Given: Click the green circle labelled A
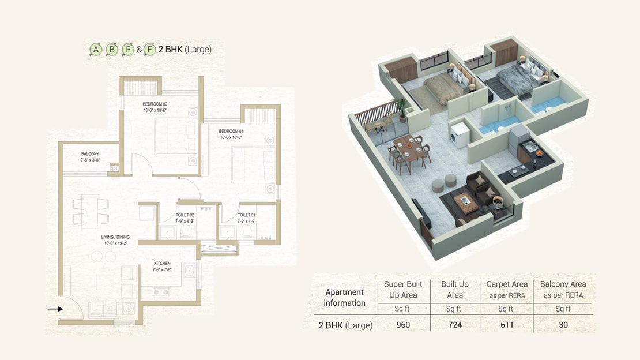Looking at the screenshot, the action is coord(96,50).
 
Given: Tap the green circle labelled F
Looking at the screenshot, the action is coord(150,50).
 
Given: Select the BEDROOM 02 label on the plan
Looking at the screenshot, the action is coord(155,104).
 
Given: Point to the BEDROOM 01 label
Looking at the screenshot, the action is coord(231,131).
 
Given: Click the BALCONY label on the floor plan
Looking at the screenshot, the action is coord(90,154).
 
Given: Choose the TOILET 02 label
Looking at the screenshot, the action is coord(185,215).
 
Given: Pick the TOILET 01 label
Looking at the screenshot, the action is coord(247,215).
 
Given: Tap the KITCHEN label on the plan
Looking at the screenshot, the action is coord(162,264).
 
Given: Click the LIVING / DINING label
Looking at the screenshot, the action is coord(115,237).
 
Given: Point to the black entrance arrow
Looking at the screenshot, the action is coord(55,309).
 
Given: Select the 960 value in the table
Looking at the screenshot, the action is coord(403,325).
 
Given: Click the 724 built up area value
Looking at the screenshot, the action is coord(455,325).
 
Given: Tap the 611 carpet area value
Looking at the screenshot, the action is coord(507,325).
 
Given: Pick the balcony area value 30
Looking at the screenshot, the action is coord(563,325).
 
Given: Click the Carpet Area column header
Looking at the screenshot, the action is coord(507,284).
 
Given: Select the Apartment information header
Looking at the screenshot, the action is coord(344,298).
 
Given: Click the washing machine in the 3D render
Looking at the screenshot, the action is coord(460,134).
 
